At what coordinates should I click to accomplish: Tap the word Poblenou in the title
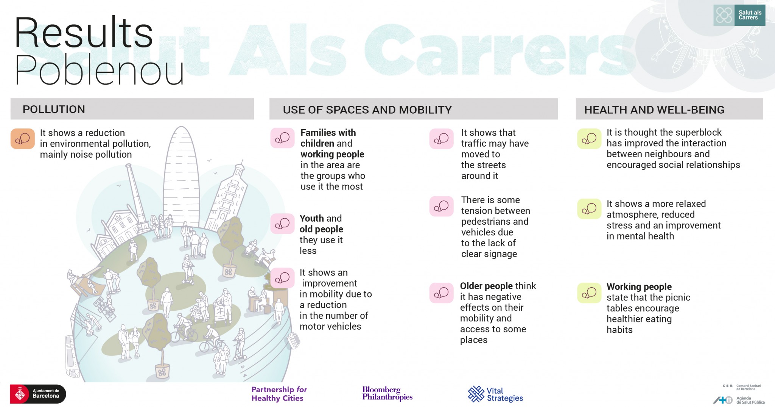click(x=99, y=70)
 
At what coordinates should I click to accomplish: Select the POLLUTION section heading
click(x=54, y=109)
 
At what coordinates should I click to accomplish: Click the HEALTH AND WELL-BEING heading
click(x=654, y=110)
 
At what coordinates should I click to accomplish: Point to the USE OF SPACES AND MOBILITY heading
click(x=367, y=110)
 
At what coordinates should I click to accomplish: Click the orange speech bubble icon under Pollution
click(x=23, y=139)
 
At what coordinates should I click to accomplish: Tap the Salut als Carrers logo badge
click(x=739, y=15)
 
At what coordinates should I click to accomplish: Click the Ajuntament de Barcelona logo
click(x=38, y=394)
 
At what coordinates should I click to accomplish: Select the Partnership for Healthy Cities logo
click(x=279, y=394)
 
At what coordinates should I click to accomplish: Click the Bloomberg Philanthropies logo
click(x=387, y=393)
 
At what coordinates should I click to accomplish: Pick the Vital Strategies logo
click(x=495, y=394)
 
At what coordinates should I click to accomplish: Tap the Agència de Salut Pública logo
click(x=739, y=400)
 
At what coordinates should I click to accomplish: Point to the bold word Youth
click(x=312, y=218)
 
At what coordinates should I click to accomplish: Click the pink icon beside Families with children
click(x=282, y=138)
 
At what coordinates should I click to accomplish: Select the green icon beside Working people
click(x=589, y=293)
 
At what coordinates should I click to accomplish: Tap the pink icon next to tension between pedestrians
click(x=441, y=206)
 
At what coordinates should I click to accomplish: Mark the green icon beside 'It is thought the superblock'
click(x=589, y=139)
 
